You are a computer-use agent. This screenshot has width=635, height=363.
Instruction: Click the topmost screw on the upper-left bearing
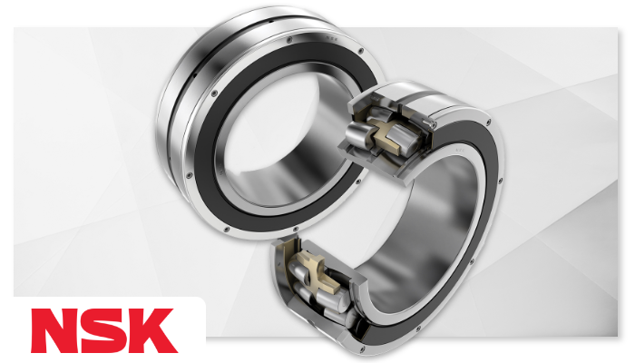point(288,40)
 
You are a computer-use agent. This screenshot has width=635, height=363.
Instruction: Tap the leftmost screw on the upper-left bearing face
point(189,175)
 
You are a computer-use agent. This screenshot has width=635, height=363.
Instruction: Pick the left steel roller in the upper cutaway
point(357,131)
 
